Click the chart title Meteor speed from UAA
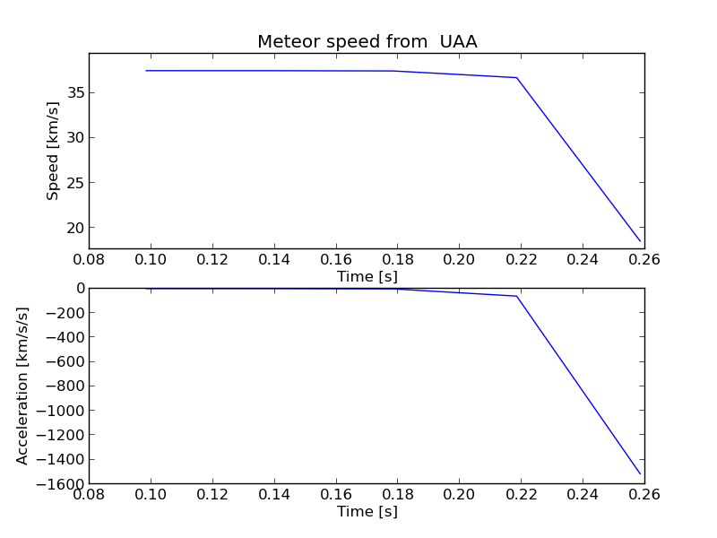367,41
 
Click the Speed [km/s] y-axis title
53,151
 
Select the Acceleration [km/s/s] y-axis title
23,386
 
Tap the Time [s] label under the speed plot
367,276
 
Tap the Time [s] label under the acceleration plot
367,511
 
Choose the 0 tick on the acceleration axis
81,288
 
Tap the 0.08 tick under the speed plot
89,260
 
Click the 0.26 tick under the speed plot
644,260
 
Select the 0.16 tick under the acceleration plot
335,495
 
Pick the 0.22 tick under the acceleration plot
521,495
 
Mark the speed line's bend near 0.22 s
516,78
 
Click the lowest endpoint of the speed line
641,241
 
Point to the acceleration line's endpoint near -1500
641,474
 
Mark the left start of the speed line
146,71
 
